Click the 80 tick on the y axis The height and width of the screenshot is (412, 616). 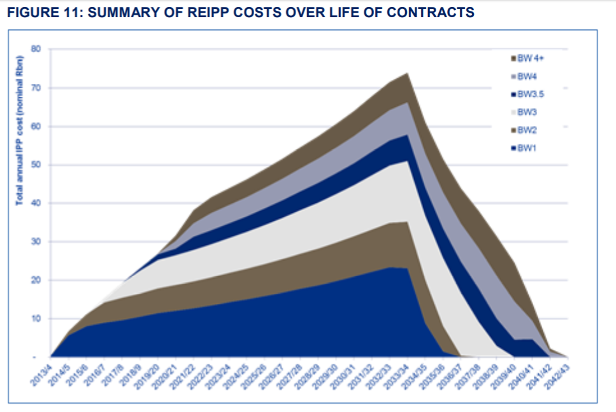(x=36, y=49)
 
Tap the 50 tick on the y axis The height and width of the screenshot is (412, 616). (x=36, y=165)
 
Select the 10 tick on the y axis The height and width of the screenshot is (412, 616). (x=36, y=319)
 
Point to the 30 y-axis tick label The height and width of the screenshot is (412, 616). (x=36, y=242)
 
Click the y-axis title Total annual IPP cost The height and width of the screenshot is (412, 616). (x=20, y=130)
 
